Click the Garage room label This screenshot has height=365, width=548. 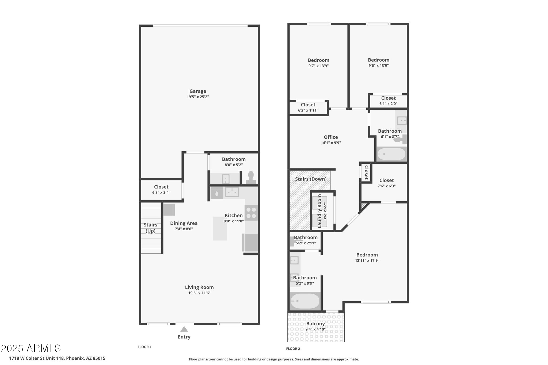pos(198,91)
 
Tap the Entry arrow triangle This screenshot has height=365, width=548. pos(184,329)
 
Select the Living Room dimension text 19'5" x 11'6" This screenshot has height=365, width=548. pos(199,293)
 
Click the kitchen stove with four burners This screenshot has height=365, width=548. pos(251,213)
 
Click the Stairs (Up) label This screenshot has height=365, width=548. pos(150,228)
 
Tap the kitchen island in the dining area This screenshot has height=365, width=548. pos(220,228)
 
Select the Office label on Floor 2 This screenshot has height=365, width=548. pos(331,137)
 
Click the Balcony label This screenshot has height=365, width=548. pos(315,324)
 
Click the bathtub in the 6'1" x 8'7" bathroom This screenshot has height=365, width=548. pos(391,154)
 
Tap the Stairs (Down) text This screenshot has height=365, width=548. pos(311,179)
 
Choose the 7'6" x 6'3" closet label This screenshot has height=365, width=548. pos(386,180)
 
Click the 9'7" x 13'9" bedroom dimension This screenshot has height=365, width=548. pos(318,66)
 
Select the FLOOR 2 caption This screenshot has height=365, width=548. pos(293,349)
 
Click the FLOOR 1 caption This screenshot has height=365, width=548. pos(144,347)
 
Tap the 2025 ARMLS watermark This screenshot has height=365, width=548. pos(31,348)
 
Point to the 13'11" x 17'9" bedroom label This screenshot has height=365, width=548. pos(367,255)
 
